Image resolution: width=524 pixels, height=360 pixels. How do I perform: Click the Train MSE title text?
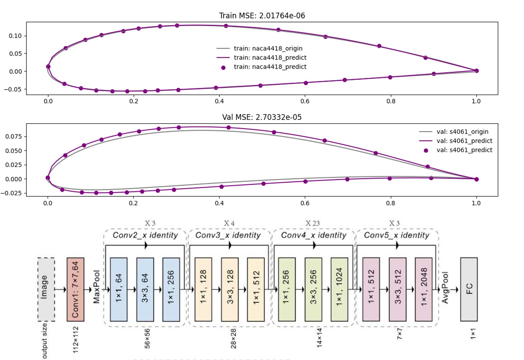pos(262,16)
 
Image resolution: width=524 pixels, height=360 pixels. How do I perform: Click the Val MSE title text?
pos(262,117)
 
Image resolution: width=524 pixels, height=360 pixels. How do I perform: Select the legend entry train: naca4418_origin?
pos(268,49)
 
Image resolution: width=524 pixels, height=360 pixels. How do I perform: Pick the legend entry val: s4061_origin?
pos(462,132)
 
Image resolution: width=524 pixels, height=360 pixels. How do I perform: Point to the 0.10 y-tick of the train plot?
pos(15,36)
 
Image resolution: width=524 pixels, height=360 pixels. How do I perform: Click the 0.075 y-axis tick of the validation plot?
pos(13,137)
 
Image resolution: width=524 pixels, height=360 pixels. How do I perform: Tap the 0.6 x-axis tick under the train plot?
pos(305,101)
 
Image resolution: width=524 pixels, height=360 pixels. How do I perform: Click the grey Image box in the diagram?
pos(46,289)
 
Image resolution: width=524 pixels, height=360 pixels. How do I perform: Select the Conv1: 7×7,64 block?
pos(75,289)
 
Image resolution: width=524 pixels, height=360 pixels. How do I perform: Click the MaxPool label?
pos(97,287)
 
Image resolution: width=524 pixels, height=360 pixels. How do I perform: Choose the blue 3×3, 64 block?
pos(145,289)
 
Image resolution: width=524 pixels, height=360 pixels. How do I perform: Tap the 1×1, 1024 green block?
pos(339,289)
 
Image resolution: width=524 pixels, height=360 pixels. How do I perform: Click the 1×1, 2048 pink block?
pos(424,289)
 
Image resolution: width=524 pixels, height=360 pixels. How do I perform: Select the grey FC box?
pos(469,289)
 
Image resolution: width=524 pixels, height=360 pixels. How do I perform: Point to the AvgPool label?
pos(445,288)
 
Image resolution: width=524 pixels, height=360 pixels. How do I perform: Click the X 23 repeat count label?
pos(313,223)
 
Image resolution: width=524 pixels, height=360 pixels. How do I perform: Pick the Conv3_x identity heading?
pos(228,235)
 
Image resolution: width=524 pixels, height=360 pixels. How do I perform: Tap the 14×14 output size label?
pos(319,338)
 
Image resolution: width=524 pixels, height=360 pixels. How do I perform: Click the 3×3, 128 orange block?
pos(230,289)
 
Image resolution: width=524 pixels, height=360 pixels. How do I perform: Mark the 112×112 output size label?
pos(76,340)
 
